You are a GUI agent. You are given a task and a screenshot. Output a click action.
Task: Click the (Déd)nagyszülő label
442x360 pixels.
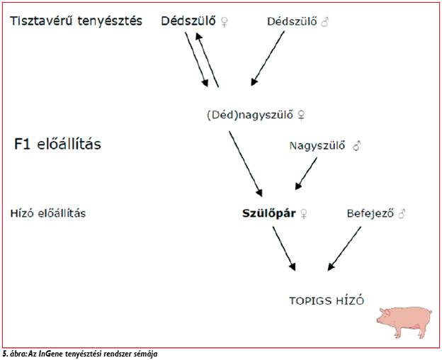256,115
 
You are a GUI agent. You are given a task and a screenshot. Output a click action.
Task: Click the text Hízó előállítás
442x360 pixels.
48,213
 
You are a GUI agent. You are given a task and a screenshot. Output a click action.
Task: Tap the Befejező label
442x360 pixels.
370,213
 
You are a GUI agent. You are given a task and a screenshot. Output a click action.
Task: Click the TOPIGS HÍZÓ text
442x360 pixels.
325,300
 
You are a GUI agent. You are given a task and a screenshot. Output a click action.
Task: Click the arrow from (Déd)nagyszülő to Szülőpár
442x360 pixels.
245,163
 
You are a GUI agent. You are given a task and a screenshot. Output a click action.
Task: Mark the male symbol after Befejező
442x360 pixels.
402,213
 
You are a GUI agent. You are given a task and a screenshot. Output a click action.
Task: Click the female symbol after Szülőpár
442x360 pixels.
304,213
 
